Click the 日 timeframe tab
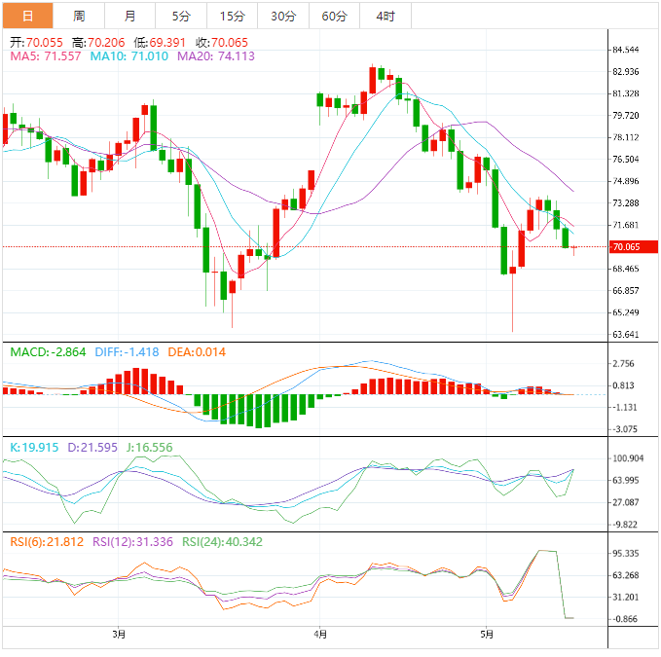click(x=27, y=16)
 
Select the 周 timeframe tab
click(x=79, y=16)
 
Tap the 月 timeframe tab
click(x=130, y=16)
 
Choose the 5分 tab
click(x=181, y=16)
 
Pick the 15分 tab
click(x=233, y=16)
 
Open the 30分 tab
click(x=283, y=16)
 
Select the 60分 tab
click(x=334, y=16)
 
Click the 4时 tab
click(x=385, y=16)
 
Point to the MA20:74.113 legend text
click(x=215, y=56)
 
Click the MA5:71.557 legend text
click(x=47, y=56)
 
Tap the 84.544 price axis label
click(x=624, y=50)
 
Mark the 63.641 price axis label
click(x=624, y=335)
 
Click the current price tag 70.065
click(x=626, y=247)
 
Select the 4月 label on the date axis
click(x=321, y=635)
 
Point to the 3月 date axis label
click(x=119, y=635)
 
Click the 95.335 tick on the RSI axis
click(x=624, y=553)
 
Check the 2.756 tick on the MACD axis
click(x=624, y=363)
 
